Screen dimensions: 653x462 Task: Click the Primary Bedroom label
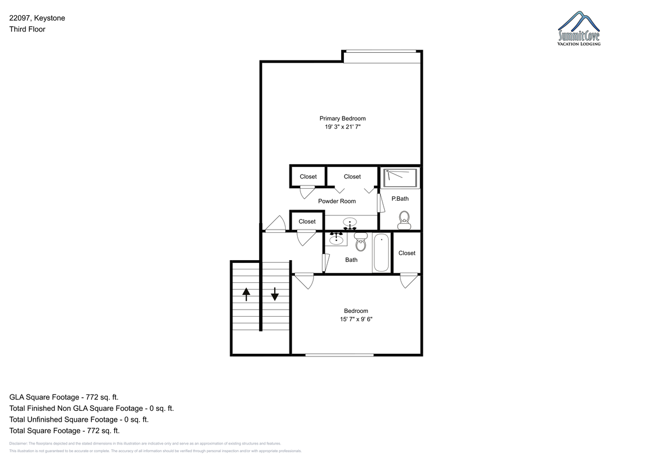(x=342, y=119)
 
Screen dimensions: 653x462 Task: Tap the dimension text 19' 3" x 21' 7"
(x=343, y=127)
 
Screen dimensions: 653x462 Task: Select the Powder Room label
(x=337, y=201)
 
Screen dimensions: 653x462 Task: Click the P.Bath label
(x=400, y=199)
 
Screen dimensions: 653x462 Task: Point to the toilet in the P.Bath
(x=404, y=220)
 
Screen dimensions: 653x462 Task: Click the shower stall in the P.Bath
(x=400, y=178)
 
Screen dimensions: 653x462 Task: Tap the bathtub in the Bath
(x=381, y=252)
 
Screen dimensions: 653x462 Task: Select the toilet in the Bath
(x=361, y=242)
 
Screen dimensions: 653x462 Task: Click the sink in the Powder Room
(x=350, y=223)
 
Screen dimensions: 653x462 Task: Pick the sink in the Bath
(x=336, y=239)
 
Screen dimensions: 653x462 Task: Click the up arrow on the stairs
(x=247, y=294)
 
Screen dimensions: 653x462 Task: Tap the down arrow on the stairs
(x=275, y=294)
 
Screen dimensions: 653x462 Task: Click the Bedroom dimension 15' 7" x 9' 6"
(x=356, y=319)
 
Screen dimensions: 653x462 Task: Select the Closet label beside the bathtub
(x=407, y=253)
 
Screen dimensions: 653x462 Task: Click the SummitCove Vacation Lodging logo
(x=579, y=28)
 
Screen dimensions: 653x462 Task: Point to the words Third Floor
(x=27, y=29)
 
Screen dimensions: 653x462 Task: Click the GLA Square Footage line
(x=64, y=397)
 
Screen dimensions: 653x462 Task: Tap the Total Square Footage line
(x=64, y=431)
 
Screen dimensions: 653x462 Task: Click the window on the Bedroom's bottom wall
(x=340, y=355)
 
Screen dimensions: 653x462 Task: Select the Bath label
(x=352, y=260)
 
